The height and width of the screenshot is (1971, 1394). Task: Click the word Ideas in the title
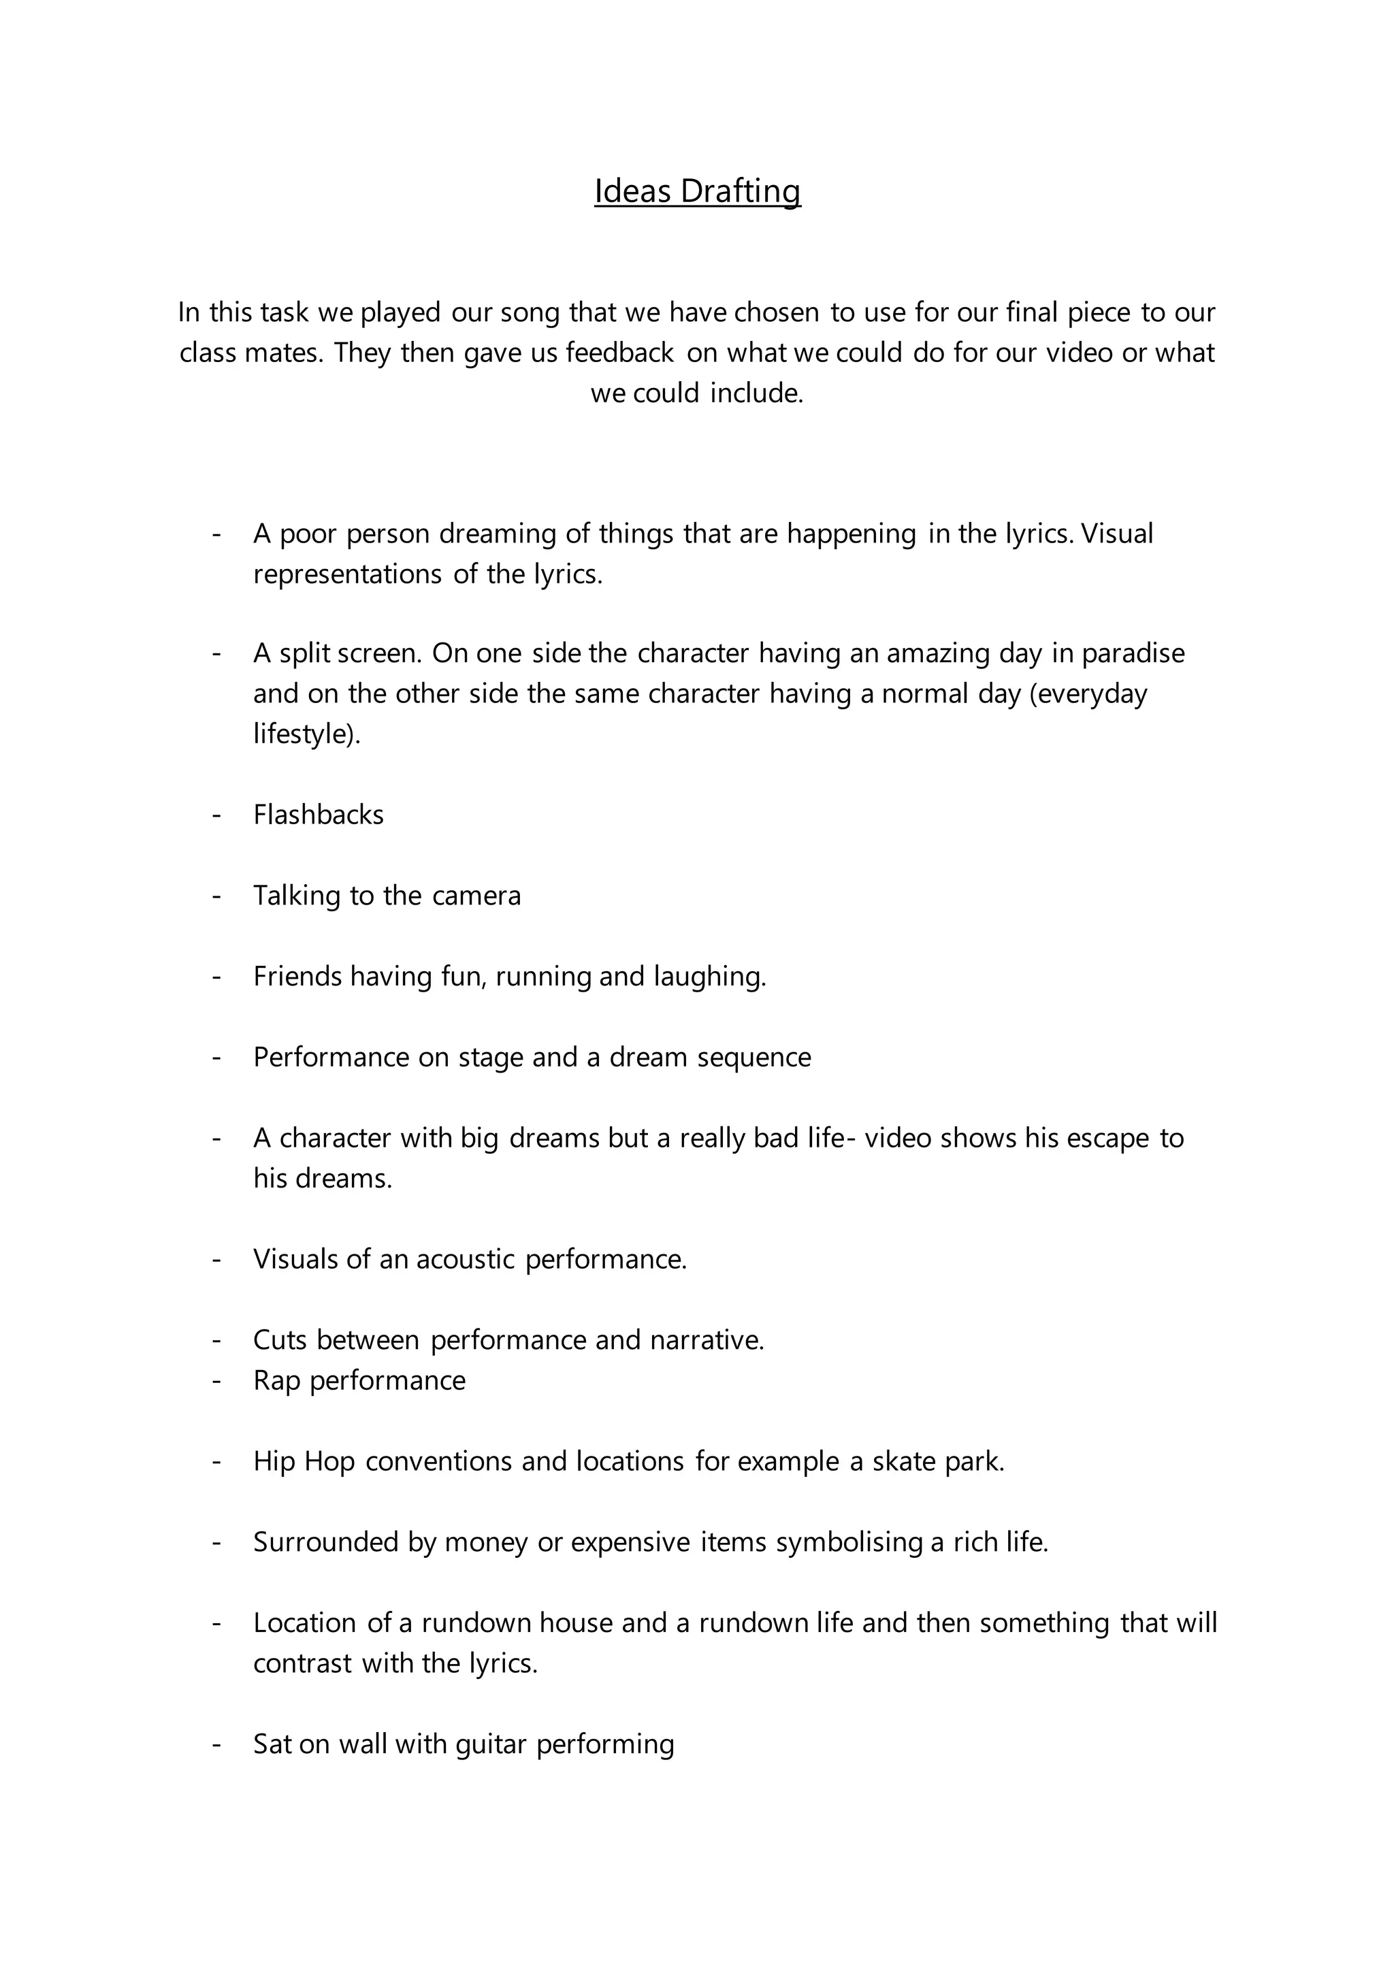pyautogui.click(x=632, y=191)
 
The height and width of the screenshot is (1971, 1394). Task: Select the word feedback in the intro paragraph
pyautogui.click(x=619, y=353)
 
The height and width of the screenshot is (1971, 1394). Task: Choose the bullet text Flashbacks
pyautogui.click(x=319, y=815)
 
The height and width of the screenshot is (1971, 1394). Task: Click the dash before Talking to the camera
pyautogui.click(x=216, y=896)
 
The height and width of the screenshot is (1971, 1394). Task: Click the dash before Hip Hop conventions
pyautogui.click(x=216, y=1462)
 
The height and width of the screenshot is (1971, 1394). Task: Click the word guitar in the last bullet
pyautogui.click(x=490, y=1744)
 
